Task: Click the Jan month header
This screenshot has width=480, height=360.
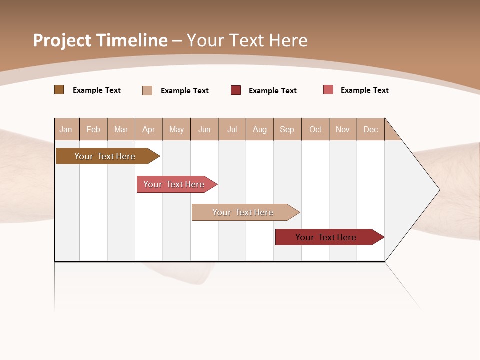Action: click(66, 129)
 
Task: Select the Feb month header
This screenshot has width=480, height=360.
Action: click(93, 129)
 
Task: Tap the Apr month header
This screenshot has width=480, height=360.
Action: click(149, 129)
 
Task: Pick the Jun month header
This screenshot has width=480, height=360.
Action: click(204, 129)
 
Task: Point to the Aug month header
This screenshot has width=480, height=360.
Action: click(260, 129)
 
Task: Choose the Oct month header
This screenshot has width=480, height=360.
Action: click(315, 129)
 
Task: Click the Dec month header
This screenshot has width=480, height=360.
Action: click(371, 129)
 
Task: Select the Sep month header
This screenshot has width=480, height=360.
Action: click(287, 129)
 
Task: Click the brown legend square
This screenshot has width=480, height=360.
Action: click(59, 90)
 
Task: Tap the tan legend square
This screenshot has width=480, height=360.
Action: click(147, 90)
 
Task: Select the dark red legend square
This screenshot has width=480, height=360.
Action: click(236, 90)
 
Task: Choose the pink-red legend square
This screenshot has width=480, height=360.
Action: click(328, 90)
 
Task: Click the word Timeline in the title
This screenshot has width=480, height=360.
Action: click(131, 40)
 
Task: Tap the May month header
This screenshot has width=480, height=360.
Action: click(176, 129)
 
